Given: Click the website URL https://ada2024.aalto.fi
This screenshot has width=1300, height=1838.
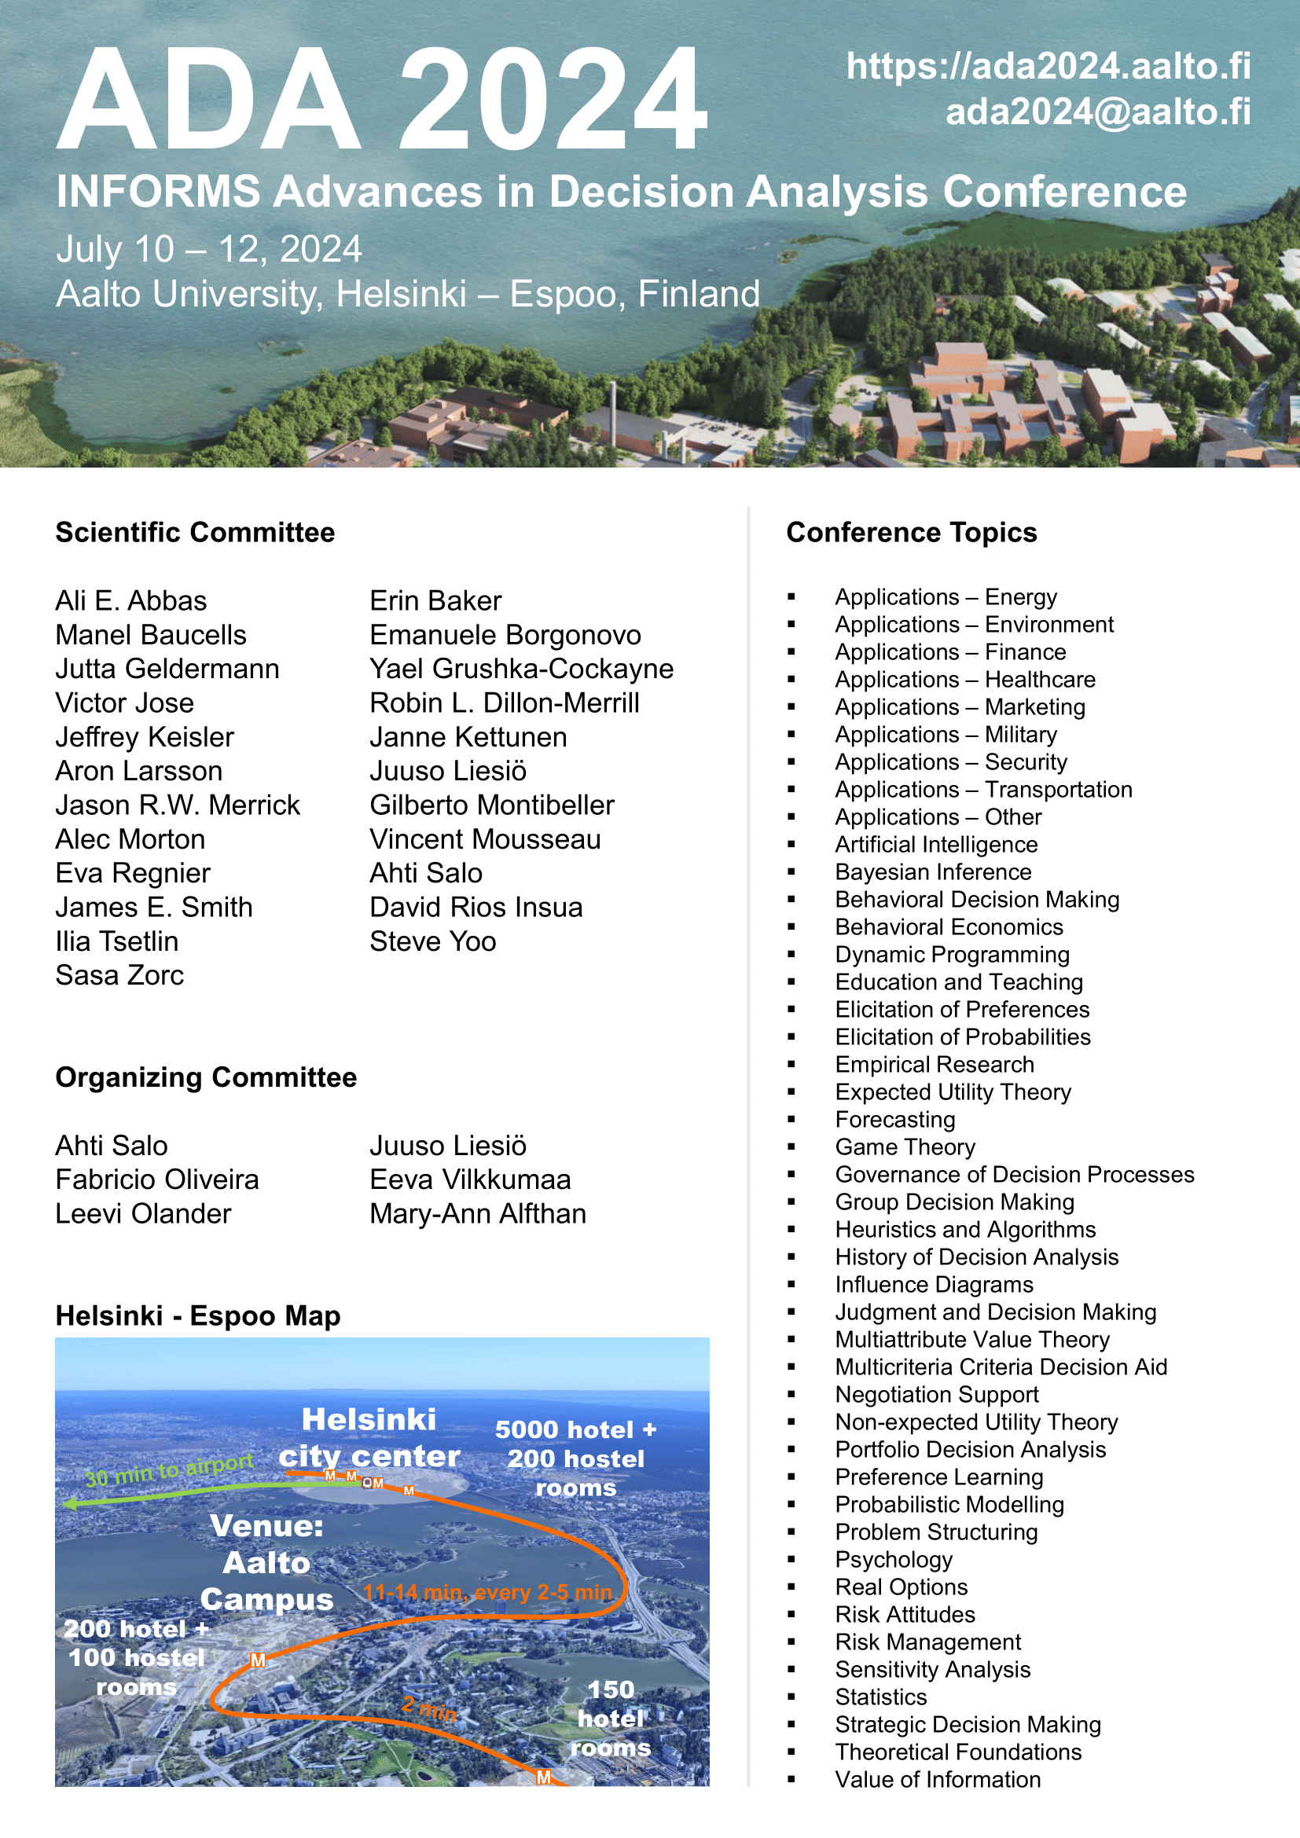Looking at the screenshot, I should click(1048, 67).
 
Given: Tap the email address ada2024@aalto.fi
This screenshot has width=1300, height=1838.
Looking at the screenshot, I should click(1097, 112).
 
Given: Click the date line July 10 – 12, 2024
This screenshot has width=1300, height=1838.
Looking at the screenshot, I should click(209, 249).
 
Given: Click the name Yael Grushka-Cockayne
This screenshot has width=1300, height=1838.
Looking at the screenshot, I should click(521, 669).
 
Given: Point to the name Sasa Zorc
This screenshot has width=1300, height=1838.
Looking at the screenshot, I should click(120, 975).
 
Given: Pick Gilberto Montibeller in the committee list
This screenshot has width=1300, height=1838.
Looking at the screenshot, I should click(491, 805).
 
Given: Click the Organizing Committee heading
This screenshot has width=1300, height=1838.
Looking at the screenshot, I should click(207, 1077).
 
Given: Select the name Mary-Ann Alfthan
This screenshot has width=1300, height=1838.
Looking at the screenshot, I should click(478, 1213).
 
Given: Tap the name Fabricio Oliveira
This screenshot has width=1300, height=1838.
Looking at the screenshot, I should click(158, 1179).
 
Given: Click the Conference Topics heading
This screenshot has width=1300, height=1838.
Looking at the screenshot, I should click(911, 532).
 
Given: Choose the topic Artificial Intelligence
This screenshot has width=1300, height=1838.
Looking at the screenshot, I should click(936, 845).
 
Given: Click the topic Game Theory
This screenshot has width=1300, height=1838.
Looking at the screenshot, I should click(905, 1147).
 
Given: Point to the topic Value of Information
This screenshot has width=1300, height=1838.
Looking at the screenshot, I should click(938, 1780).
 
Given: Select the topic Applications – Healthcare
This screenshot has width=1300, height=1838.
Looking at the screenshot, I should click(964, 680).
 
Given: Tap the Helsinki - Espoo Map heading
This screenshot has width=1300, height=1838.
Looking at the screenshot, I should click(198, 1316).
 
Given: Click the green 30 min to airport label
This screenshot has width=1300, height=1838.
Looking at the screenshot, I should click(169, 1469).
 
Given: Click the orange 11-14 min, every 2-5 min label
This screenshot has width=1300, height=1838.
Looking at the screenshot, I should click(487, 1592).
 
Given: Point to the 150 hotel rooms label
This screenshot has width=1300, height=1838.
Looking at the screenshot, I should click(611, 1719).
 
